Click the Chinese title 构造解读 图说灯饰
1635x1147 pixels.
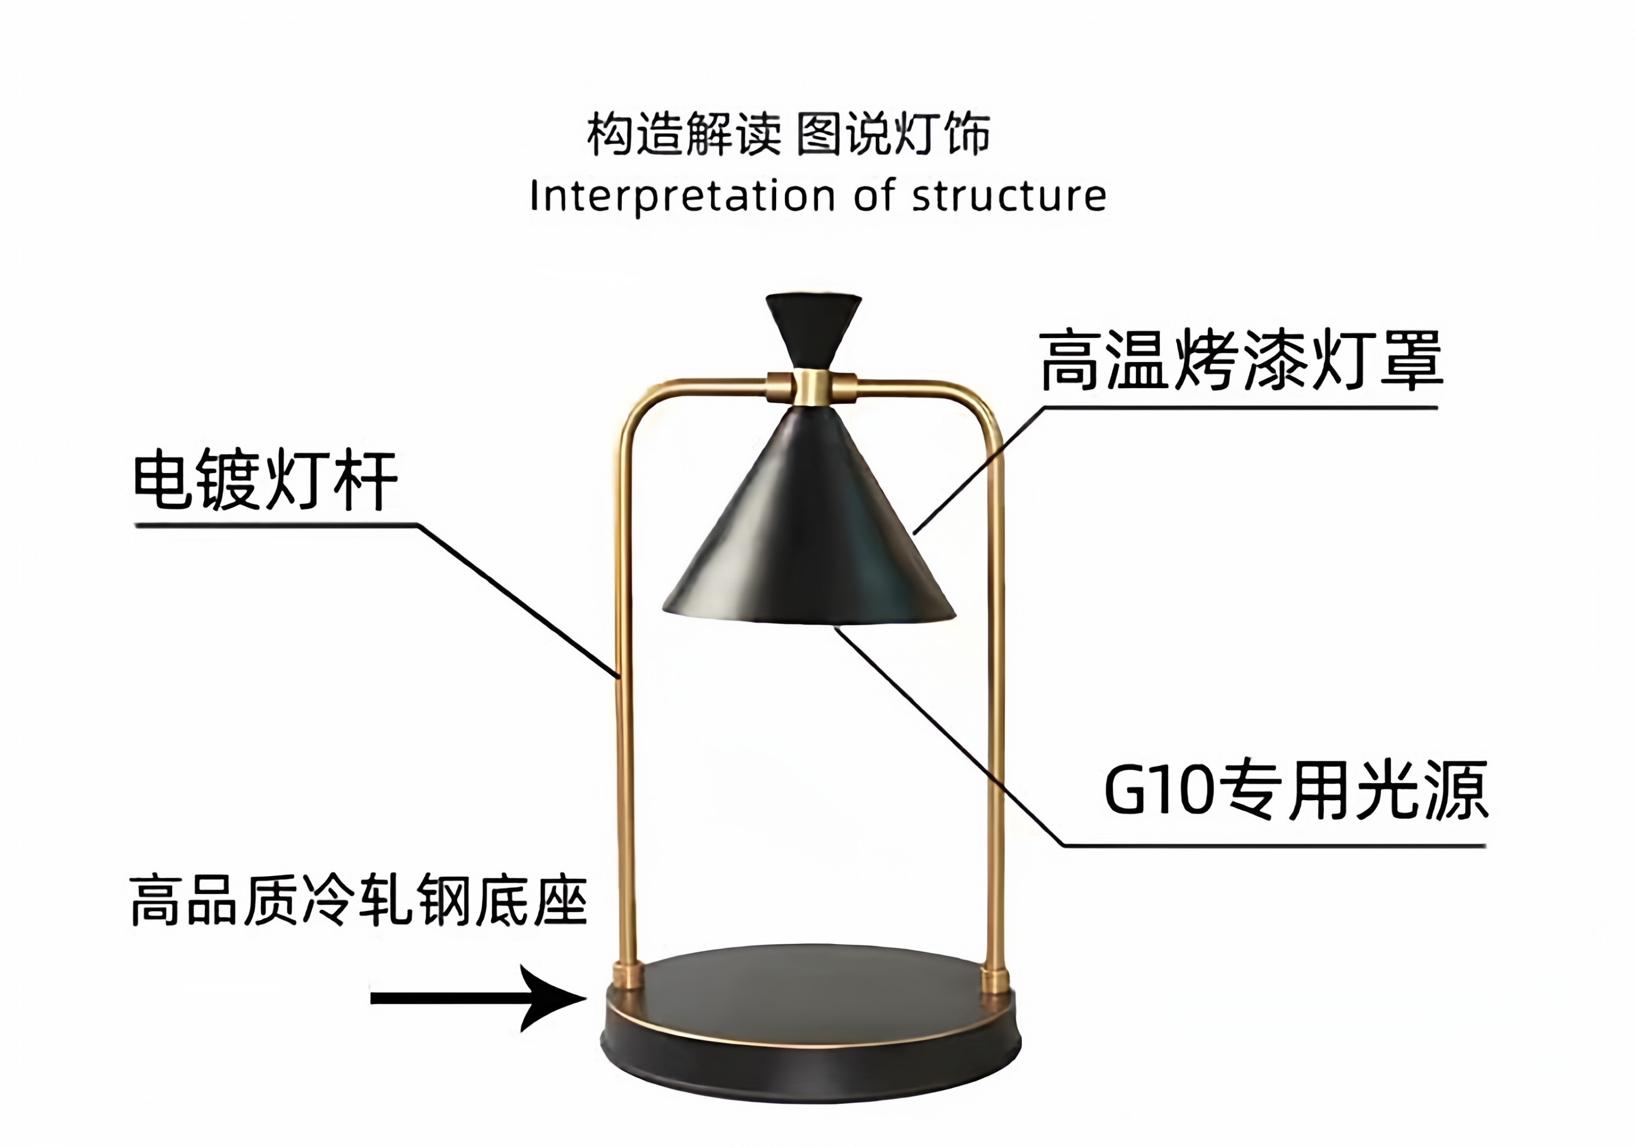(788, 134)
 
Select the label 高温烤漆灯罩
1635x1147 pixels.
(1241, 361)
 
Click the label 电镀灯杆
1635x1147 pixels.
(265, 480)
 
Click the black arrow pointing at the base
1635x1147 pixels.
(477, 998)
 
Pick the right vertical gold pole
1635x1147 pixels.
(996, 713)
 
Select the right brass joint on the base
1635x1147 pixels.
(995, 980)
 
